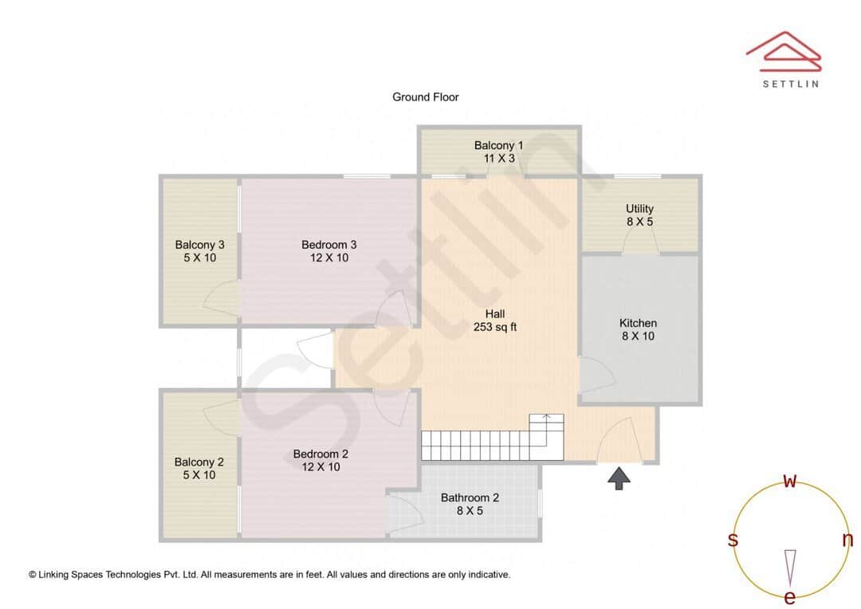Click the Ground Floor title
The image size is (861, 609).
(425, 97)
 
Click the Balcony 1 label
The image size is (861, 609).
(498, 151)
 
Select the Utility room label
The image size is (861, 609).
(639, 215)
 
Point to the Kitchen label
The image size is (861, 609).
(638, 329)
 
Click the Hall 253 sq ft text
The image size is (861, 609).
(495, 320)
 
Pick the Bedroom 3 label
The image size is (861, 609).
(328, 251)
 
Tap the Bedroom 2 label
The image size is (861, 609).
(320, 460)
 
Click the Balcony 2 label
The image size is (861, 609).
(199, 468)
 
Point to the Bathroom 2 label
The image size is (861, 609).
(470, 504)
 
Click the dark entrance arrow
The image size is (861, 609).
(619, 477)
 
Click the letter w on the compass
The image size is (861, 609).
(790, 481)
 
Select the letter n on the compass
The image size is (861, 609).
(847, 540)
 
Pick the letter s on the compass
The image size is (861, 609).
(733, 540)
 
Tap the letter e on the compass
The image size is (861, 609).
(790, 597)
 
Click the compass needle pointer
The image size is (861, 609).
(790, 567)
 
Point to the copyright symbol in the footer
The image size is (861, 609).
(33, 575)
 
